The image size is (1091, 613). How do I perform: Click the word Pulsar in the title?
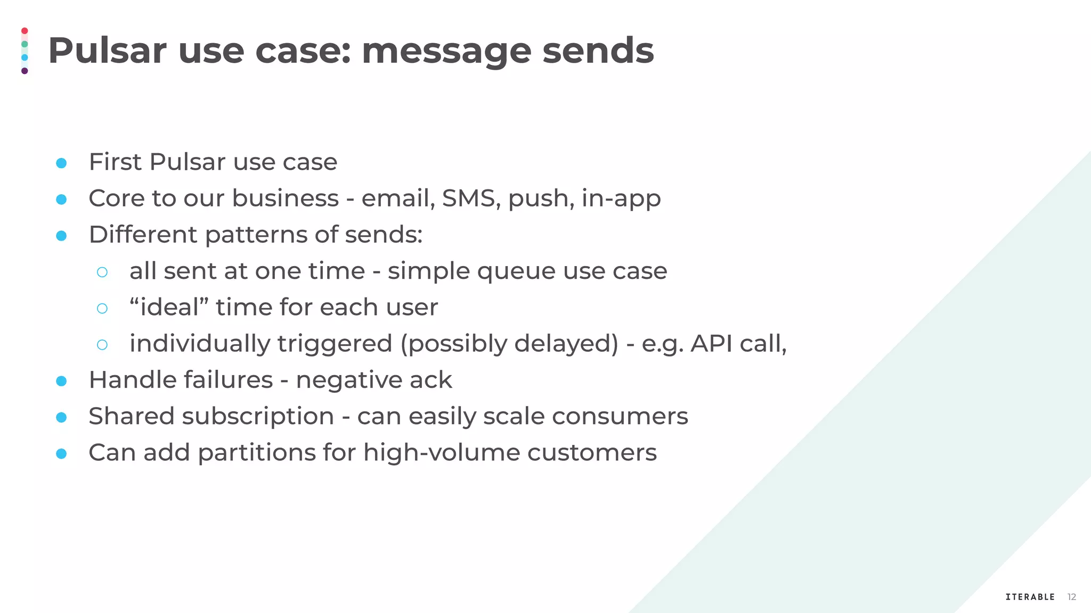[x=107, y=51]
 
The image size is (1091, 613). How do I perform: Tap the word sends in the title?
[x=598, y=51]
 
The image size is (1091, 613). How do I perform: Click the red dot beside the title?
[x=25, y=31]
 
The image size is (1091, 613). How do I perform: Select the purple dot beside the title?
[x=25, y=71]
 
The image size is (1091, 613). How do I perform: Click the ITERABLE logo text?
[x=1030, y=597]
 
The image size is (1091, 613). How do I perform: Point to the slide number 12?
[x=1072, y=597]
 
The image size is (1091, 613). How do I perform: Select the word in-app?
[x=621, y=198]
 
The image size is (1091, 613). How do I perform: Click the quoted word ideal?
[x=169, y=307]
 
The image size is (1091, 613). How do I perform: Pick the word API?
[x=711, y=343]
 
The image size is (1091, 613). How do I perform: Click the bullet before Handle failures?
[x=61, y=381]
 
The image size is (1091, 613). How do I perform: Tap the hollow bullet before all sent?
[x=102, y=272]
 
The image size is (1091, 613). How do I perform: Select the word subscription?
[x=258, y=416]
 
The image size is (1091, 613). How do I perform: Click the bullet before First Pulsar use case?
[x=61, y=163]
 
